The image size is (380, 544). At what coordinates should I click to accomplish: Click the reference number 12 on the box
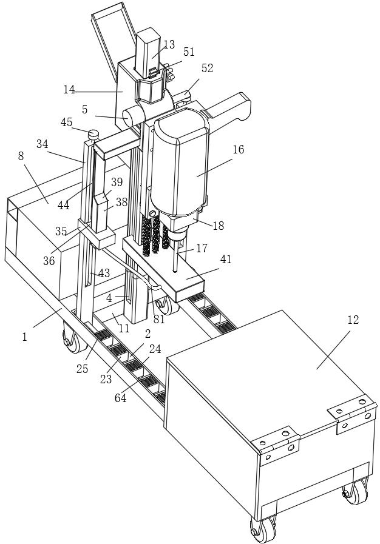click(x=353, y=320)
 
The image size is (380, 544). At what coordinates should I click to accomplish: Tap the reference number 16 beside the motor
click(x=238, y=149)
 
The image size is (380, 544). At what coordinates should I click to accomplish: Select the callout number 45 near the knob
click(x=67, y=123)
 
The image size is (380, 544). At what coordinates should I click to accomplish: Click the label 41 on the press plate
click(x=226, y=259)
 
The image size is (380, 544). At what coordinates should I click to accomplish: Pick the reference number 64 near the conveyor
click(x=120, y=398)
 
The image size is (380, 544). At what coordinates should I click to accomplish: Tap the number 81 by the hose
click(x=159, y=319)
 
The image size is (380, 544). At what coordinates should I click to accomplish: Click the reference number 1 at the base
click(x=25, y=337)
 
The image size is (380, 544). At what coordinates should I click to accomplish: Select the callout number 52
click(x=208, y=69)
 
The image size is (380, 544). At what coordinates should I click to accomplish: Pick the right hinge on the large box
click(x=350, y=412)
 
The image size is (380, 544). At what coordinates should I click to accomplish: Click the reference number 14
click(x=69, y=90)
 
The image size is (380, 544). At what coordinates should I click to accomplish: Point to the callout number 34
click(x=42, y=144)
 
